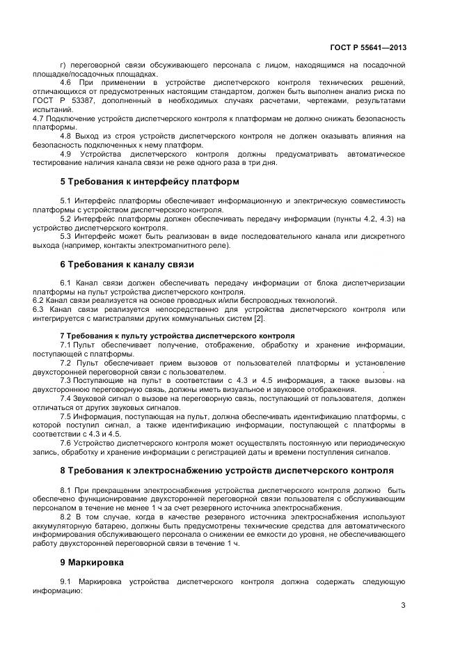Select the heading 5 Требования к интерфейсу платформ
tap(150, 182)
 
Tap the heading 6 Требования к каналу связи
tap(127, 265)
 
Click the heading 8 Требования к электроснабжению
tap(226, 470)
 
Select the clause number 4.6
tap(67, 83)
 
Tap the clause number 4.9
tap(67, 154)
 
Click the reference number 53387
tap(91, 101)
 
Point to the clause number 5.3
tap(67, 237)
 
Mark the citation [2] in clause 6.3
tap(258, 318)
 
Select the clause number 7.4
tap(67, 398)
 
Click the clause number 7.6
tap(67, 443)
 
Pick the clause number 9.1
tap(67, 581)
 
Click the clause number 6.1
tap(67, 283)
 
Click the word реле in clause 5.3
tap(227, 246)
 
